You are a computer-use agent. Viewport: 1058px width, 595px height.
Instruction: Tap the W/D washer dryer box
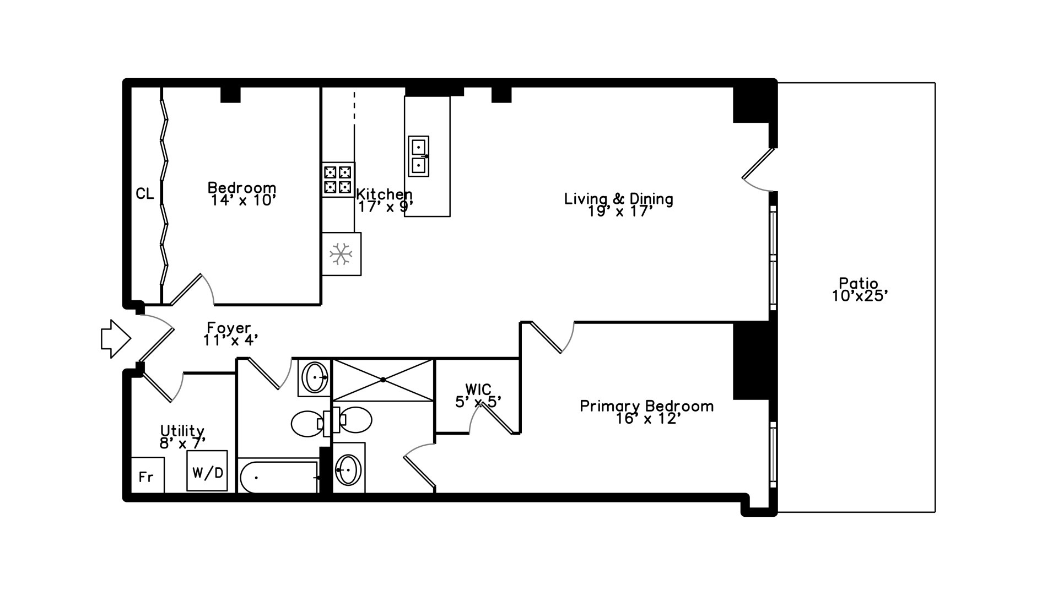tap(207, 472)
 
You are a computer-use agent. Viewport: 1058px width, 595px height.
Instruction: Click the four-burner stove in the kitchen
tap(338, 180)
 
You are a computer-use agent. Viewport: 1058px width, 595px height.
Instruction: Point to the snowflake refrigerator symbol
tap(341, 254)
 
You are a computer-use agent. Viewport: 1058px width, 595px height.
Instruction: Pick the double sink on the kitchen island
tap(419, 156)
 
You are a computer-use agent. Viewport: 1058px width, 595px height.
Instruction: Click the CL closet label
tap(144, 194)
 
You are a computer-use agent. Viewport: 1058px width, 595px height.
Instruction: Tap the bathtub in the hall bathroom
tap(278, 477)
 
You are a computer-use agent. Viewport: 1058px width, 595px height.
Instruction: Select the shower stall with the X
tap(383, 380)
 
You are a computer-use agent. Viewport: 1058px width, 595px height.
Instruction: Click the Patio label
tap(859, 284)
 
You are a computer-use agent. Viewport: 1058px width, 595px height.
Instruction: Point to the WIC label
tap(478, 390)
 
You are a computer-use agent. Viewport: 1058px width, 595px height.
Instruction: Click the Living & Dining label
tap(618, 198)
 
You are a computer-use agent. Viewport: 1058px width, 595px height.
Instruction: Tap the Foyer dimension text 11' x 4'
tap(230, 340)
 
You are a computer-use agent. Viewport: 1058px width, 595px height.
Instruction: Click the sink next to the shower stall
tap(315, 377)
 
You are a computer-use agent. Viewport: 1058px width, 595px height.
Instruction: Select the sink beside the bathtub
tap(348, 469)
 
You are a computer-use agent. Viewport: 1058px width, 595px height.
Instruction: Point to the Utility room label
tap(182, 430)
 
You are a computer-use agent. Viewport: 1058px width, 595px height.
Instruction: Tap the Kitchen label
tap(384, 194)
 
